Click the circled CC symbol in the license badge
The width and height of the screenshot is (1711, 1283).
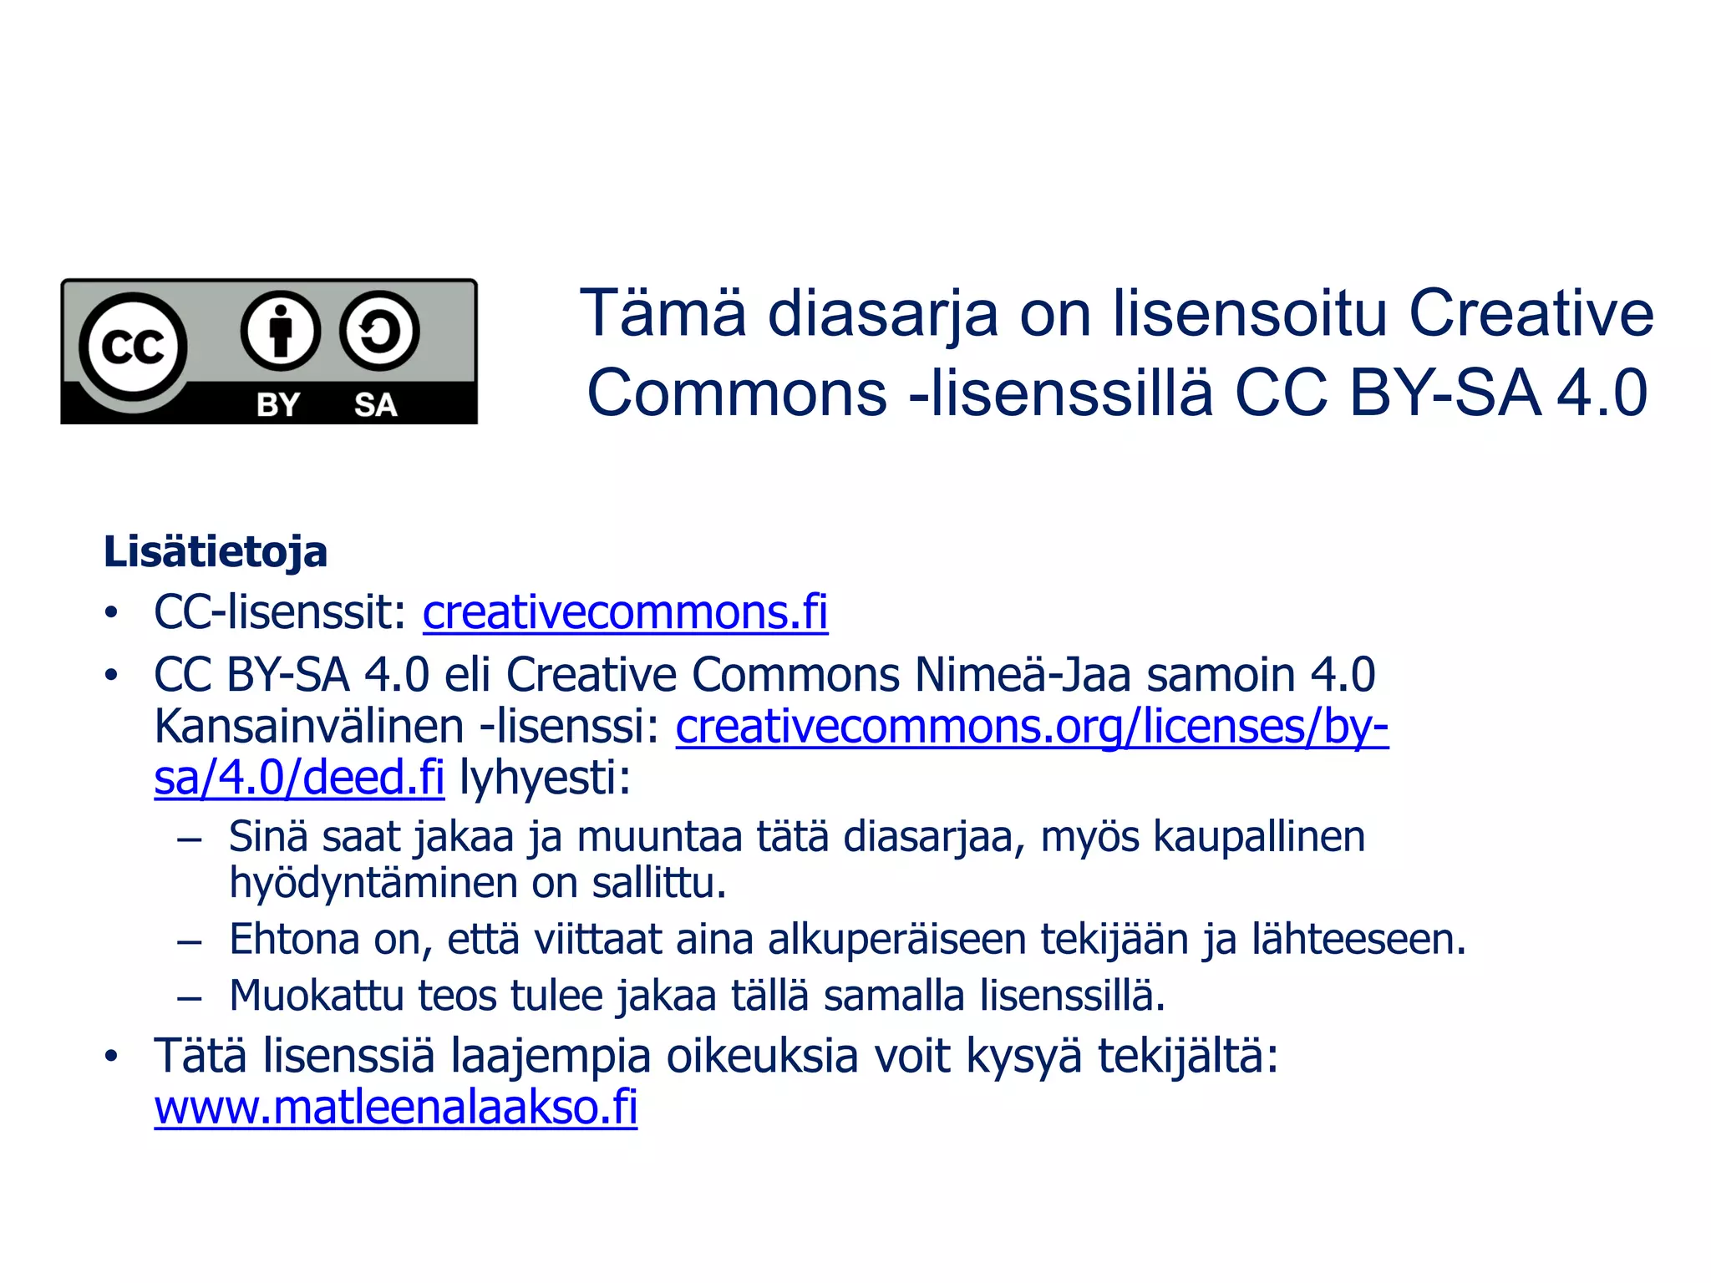(133, 346)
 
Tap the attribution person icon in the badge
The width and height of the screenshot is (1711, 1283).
(281, 332)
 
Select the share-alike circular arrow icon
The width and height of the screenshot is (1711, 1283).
(379, 332)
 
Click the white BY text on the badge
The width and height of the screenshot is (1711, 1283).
(278, 405)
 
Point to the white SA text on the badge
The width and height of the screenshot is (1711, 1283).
(375, 405)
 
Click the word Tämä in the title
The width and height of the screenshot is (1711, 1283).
(663, 313)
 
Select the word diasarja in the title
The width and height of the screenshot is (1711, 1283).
(883, 315)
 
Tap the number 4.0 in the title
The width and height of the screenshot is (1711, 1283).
(1602, 393)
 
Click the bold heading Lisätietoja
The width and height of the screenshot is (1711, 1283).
(216, 552)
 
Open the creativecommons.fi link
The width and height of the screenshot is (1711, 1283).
(625, 612)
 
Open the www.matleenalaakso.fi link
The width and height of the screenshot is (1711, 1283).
(396, 1108)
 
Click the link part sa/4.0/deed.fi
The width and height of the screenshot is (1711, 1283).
(299, 778)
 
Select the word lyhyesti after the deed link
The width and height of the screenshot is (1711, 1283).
(545, 778)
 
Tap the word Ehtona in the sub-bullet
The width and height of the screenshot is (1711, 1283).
(294, 939)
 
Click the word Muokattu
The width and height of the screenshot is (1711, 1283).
(316, 996)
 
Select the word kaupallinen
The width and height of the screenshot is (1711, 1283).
(1259, 836)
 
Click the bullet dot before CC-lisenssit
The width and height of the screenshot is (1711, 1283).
(111, 614)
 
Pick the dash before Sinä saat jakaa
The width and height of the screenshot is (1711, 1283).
(190, 838)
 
